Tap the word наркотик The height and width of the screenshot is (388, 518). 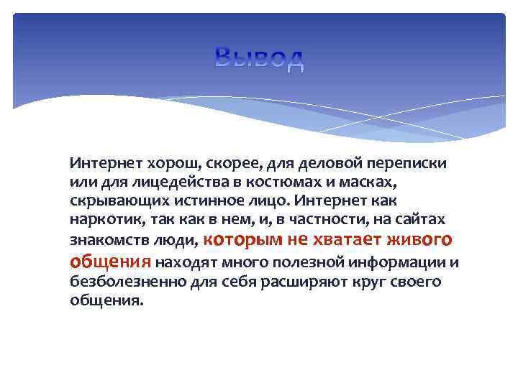coord(100,217)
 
